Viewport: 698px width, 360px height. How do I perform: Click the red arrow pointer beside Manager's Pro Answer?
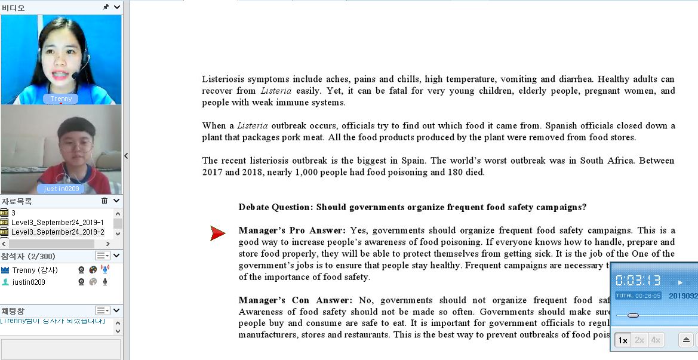pos(218,233)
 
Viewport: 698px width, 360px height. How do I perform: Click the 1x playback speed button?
pos(623,340)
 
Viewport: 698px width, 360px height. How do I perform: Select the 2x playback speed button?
pos(639,340)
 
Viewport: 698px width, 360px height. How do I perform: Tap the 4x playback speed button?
pos(656,340)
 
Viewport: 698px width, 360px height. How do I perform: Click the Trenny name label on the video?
pos(61,99)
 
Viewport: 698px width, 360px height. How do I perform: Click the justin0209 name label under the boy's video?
pos(61,189)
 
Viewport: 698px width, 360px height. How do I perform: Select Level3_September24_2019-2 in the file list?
pos(57,232)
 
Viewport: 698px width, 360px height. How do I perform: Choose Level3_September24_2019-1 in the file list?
pos(57,223)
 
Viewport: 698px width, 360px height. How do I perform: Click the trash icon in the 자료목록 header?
pos(104,201)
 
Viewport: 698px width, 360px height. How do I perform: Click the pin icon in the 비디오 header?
pos(106,7)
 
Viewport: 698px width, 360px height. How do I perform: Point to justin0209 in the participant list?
pos(29,282)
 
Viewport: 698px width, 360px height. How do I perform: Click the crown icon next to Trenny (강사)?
pos(5,270)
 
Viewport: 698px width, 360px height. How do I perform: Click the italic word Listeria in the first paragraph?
pos(276,91)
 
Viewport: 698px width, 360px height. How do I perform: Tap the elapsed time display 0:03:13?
pos(638,281)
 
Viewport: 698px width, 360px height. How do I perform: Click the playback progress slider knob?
pos(633,315)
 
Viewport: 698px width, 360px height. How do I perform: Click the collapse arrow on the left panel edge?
pos(126,156)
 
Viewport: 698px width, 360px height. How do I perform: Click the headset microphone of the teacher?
pos(76,76)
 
